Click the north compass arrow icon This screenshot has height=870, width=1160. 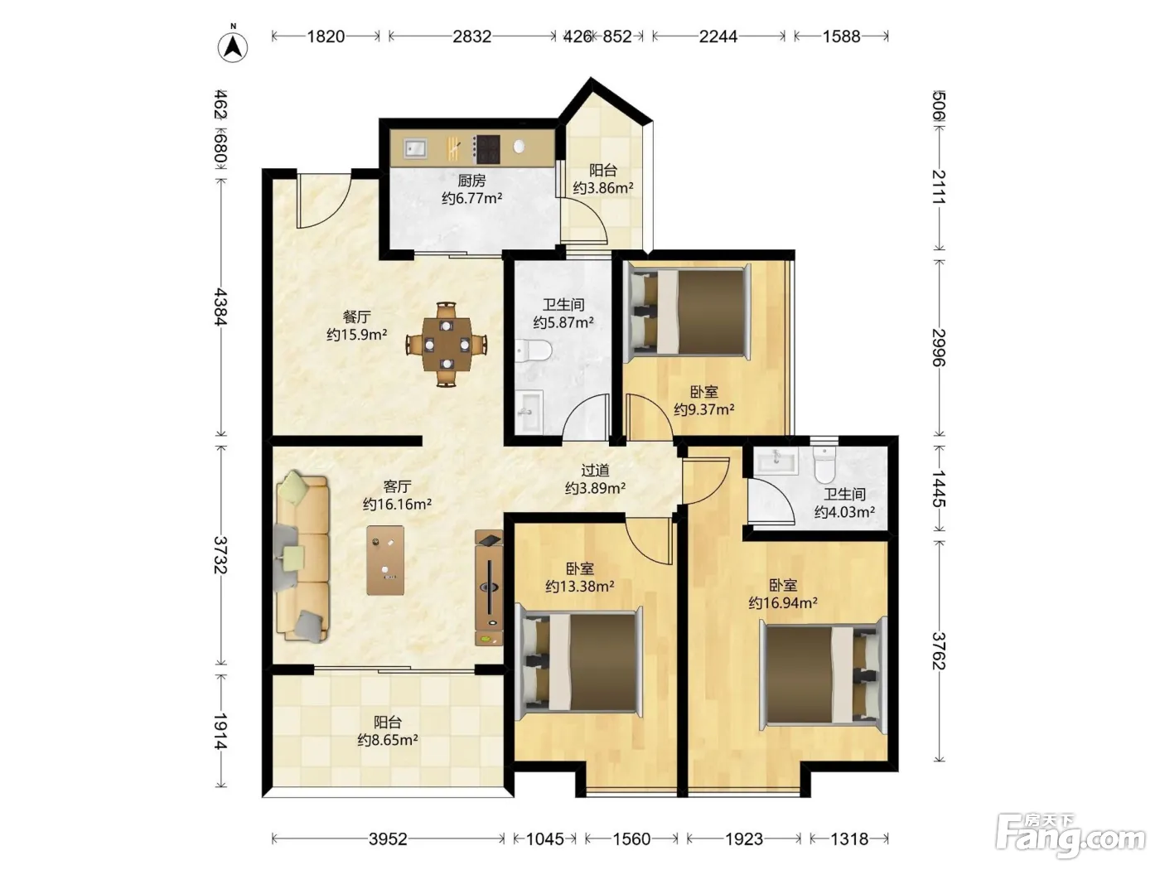click(233, 47)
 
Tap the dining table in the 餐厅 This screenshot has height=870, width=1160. click(447, 345)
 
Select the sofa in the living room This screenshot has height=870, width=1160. click(302, 557)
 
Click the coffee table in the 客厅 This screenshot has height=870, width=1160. click(385, 560)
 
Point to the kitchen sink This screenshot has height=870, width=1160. click(415, 148)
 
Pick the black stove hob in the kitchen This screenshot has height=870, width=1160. click(486, 149)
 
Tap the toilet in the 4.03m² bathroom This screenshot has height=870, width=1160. click(824, 464)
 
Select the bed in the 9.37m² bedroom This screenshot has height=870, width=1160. click(687, 312)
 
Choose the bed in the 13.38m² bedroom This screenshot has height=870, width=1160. click(578, 662)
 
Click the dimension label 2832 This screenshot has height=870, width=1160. click(472, 36)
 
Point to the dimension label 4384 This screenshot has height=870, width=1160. click(221, 307)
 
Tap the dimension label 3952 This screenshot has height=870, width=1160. click(388, 839)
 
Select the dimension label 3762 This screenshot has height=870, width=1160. click(939, 650)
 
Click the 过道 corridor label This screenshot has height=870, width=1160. click(595, 470)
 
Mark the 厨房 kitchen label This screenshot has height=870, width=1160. click(471, 181)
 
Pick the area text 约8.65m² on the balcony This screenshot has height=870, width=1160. click(388, 740)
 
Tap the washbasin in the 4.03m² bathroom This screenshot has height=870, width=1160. click(776, 462)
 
